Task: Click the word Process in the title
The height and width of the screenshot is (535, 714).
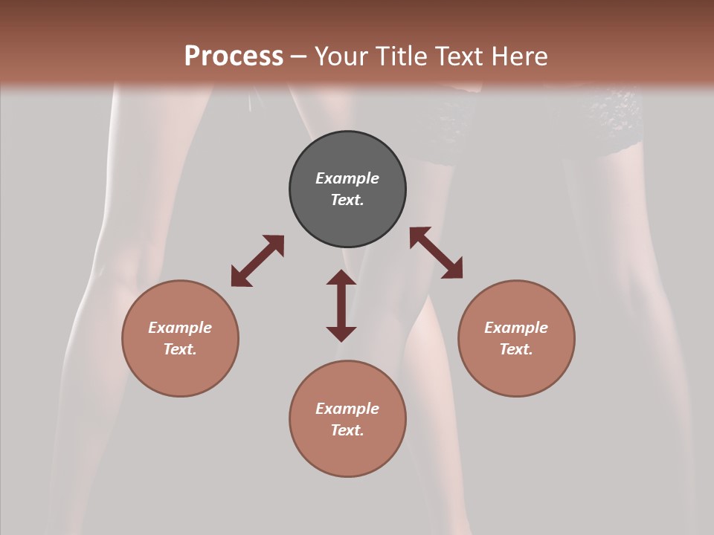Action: click(x=234, y=56)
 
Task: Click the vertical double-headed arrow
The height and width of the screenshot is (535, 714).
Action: click(x=341, y=305)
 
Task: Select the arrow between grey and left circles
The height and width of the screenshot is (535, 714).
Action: click(x=257, y=261)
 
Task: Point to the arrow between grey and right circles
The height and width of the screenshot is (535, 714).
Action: click(x=436, y=253)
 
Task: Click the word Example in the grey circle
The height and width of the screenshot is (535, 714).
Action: click(x=347, y=178)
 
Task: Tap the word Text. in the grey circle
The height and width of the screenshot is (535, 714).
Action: click(x=347, y=200)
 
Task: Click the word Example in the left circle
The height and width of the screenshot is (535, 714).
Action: click(x=180, y=328)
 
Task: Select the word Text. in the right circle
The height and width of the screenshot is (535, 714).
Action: click(x=516, y=349)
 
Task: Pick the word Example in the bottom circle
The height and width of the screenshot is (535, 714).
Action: click(x=347, y=409)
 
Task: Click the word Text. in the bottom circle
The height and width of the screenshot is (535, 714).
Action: click(x=347, y=430)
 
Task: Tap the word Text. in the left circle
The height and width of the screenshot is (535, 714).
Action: click(x=180, y=349)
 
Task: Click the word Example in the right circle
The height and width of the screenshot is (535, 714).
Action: click(x=516, y=328)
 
